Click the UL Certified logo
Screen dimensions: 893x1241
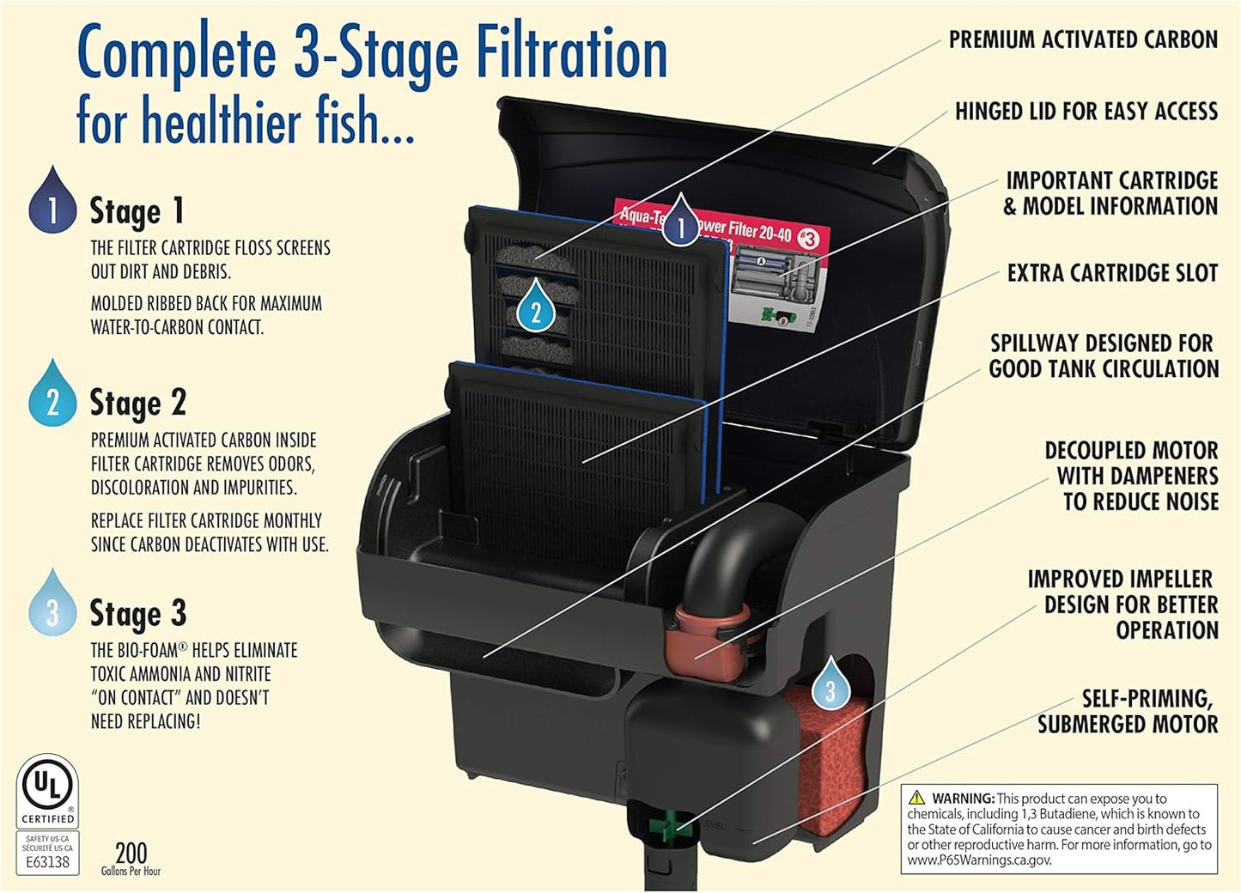48,791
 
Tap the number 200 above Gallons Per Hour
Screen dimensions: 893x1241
131,853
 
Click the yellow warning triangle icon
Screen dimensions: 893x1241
917,798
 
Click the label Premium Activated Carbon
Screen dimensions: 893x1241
1082,39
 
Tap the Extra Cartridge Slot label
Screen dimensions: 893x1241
1112,273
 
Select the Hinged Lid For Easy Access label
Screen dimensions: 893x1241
1086,112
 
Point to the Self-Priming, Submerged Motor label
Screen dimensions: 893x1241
1127,712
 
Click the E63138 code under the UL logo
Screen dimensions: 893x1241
47,861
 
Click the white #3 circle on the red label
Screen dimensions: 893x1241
808,239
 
